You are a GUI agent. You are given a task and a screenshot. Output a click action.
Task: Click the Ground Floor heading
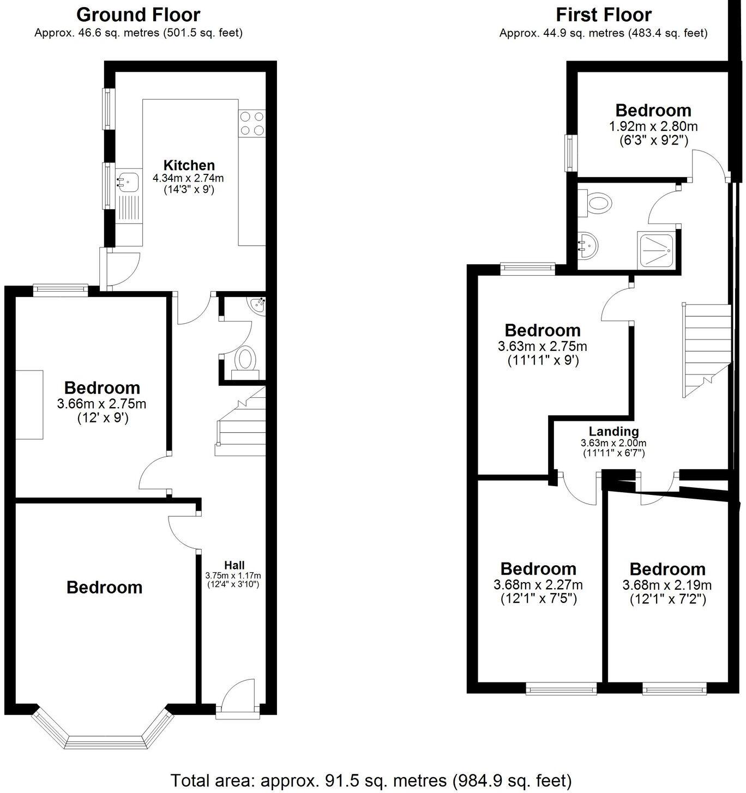(138, 14)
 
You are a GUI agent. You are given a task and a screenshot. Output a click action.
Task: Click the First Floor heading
(603, 14)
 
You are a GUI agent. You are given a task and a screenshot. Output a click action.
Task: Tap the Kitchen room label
(189, 165)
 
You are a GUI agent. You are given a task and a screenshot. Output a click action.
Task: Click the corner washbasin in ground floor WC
(256, 305)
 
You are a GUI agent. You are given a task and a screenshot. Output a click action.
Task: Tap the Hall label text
(234, 565)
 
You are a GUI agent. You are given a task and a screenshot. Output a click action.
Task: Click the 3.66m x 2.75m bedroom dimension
(101, 404)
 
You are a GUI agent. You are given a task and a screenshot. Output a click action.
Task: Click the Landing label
(613, 432)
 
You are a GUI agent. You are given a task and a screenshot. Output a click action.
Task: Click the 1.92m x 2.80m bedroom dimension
(653, 126)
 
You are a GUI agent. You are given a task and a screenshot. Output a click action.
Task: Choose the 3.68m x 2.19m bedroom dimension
(667, 585)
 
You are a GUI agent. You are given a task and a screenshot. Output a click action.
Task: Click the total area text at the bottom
(371, 780)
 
